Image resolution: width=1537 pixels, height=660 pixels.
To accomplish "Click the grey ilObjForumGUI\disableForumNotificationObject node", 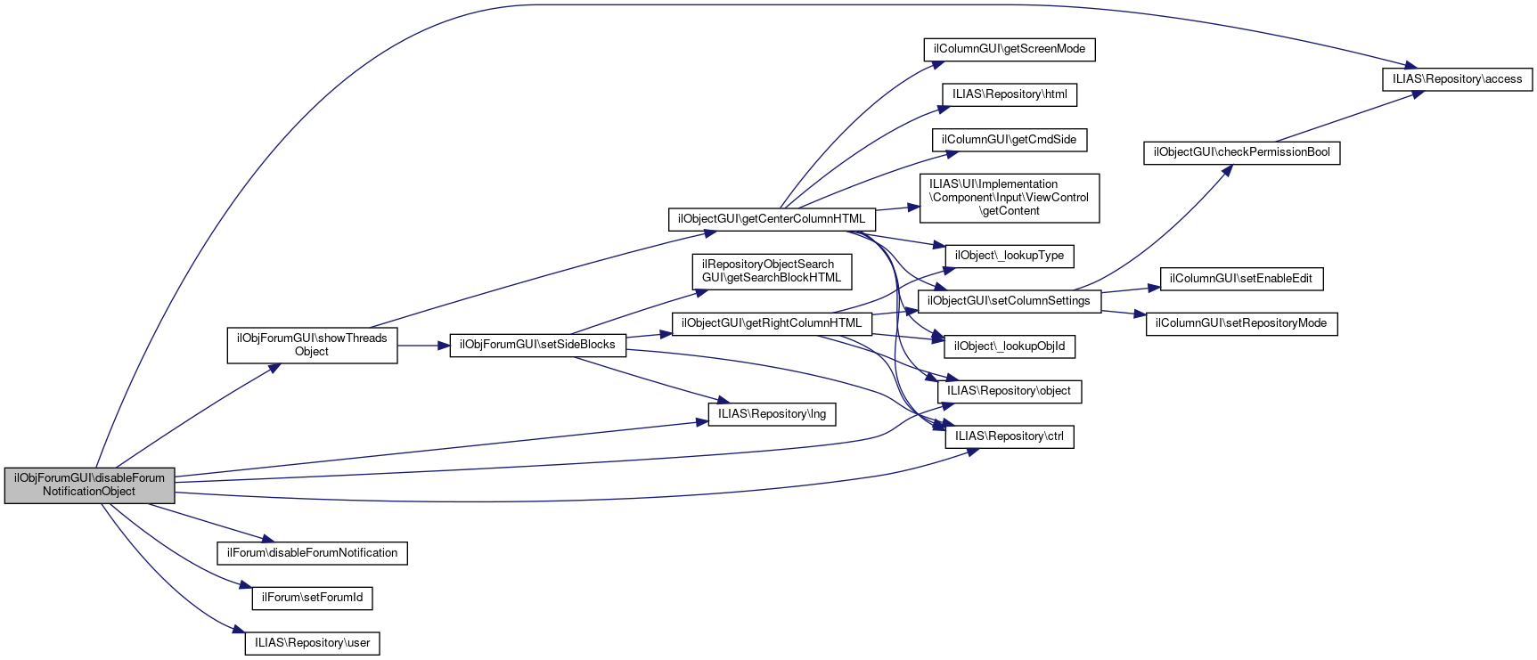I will point(89,485).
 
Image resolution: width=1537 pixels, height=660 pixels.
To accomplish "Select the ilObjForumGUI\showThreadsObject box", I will point(312,346).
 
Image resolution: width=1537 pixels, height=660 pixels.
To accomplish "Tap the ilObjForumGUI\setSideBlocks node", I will point(537,345).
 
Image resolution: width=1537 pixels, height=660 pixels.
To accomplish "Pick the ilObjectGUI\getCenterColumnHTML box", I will point(772,219).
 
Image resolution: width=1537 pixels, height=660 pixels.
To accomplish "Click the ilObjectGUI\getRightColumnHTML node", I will point(772,323).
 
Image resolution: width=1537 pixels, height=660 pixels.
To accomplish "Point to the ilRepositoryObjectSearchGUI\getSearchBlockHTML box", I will point(772,272).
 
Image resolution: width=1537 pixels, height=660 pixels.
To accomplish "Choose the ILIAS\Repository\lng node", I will point(772,414).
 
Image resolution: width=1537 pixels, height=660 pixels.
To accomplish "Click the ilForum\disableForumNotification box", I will point(312,553).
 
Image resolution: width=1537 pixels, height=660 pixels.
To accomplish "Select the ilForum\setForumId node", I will point(312,598).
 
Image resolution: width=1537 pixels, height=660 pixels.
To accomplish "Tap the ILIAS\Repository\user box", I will point(312,643).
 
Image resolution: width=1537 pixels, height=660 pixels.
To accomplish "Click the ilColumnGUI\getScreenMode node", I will point(1010,49).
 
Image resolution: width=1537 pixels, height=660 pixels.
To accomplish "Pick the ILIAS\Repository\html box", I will point(1010,94).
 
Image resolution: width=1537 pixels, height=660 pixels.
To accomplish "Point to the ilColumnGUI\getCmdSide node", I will point(1010,140).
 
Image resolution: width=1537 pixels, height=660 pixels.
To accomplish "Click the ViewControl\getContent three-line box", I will point(1010,198).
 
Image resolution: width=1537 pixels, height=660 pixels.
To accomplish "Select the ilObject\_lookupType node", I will point(1010,256).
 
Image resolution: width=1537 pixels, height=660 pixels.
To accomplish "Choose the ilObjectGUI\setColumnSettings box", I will point(1009,301).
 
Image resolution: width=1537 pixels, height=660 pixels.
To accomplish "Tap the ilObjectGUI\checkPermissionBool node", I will point(1241,152).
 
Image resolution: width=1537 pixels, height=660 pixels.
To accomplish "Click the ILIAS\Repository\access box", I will point(1457,79).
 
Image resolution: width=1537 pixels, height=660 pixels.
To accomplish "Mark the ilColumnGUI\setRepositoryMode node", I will point(1241,323).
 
